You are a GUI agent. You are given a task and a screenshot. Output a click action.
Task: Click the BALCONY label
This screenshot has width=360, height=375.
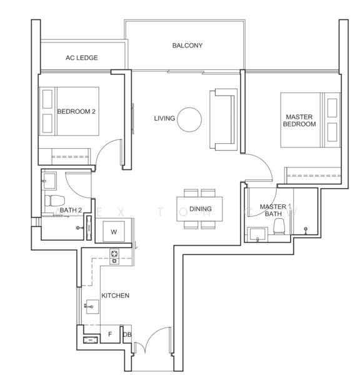click(187, 46)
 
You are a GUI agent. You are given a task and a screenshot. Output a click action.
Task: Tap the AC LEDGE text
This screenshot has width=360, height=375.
click(81, 58)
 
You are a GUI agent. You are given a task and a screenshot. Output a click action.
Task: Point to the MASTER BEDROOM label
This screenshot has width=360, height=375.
click(300, 120)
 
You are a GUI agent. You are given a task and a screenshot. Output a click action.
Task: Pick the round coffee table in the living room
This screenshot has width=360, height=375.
click(189, 119)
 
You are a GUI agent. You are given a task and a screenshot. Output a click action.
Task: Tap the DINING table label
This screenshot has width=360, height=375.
click(200, 209)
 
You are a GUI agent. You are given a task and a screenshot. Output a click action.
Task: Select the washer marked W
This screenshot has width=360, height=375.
click(113, 231)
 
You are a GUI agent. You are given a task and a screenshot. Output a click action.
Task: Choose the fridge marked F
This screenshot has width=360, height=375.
click(110, 334)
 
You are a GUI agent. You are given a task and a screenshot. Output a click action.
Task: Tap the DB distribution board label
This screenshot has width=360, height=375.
click(127, 334)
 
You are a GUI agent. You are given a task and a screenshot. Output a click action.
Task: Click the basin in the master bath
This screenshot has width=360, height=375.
click(257, 234)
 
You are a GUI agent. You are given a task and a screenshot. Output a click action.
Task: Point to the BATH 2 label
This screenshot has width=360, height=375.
click(71, 211)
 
